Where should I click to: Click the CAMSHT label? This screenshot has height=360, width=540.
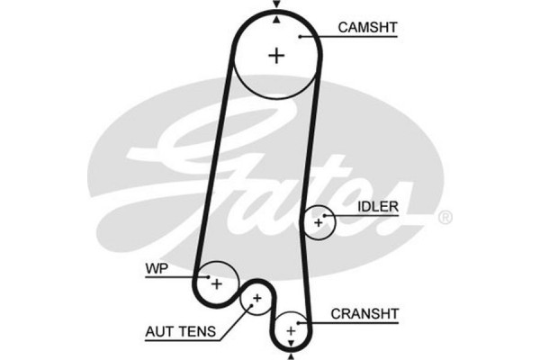click(x=367, y=28)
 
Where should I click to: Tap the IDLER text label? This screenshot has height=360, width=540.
click(x=377, y=206)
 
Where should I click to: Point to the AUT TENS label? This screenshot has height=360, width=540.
click(x=180, y=331)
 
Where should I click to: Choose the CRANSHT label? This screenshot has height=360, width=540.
click(x=365, y=313)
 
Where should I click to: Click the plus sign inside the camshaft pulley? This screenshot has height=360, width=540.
click(x=276, y=55)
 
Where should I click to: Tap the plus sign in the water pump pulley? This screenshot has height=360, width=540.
click(x=216, y=283)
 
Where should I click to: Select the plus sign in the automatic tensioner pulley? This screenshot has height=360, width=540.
click(x=257, y=297)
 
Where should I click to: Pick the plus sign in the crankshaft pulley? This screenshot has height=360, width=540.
click(x=291, y=331)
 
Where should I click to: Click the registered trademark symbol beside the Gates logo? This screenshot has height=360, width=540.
click(x=444, y=219)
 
